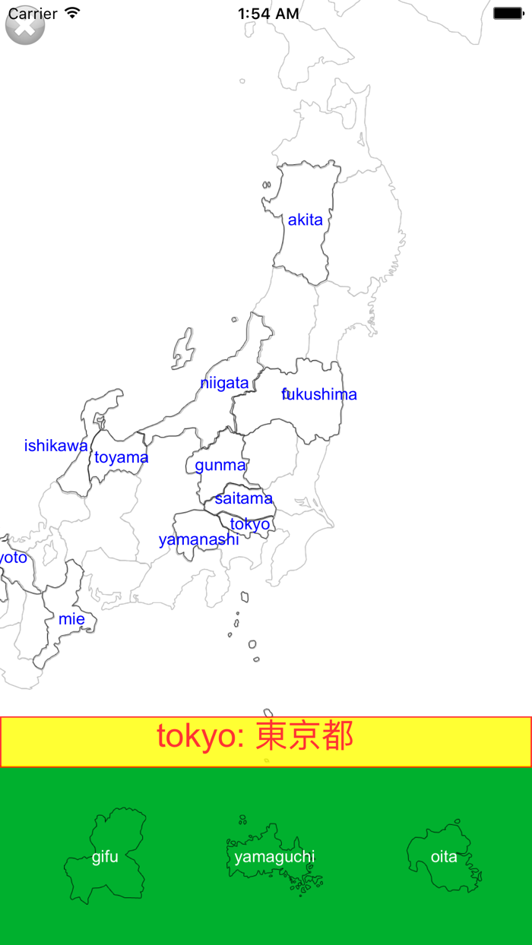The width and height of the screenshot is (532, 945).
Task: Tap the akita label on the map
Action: pos(305,220)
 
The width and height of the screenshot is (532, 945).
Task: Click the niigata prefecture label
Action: pos(224,383)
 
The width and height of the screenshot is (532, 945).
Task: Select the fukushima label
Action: pos(319,394)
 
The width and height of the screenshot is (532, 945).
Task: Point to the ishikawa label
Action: pos(55,446)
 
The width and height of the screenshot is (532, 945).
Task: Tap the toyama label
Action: pos(121,457)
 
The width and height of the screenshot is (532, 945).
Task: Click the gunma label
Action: pos(220,465)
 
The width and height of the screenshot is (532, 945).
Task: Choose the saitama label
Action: pos(243,498)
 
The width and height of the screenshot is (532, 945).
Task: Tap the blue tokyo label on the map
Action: pos(249,524)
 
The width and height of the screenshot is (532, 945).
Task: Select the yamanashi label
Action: pos(198,539)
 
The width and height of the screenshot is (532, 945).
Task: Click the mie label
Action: pos(71,619)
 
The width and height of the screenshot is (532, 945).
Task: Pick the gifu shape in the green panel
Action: pos(105,857)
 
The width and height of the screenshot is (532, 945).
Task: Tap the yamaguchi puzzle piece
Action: pos(274,857)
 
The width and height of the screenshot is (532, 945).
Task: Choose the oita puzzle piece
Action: pos(444,857)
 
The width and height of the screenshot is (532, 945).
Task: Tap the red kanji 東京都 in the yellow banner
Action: pos(305,736)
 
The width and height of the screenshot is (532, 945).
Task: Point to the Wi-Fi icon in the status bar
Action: pos(72,13)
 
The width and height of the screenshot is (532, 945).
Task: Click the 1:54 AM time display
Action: pos(268,13)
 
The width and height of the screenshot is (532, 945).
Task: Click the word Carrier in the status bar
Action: pos(33,13)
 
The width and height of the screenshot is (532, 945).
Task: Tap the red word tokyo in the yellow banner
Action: pos(196,736)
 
